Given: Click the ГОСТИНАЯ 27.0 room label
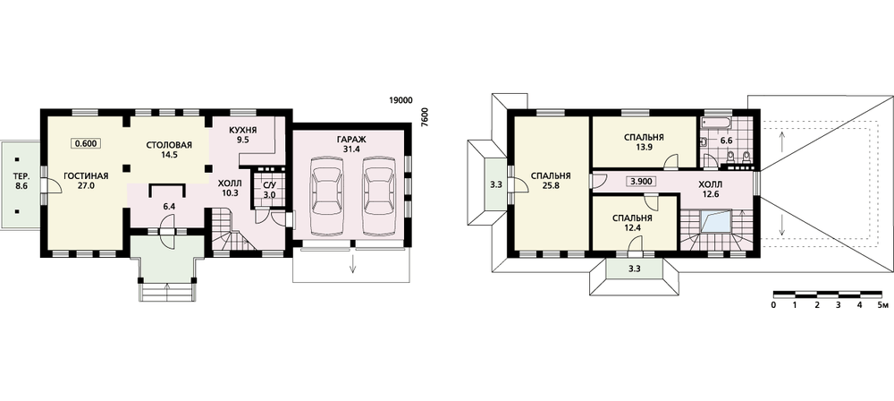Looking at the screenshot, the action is [86, 181].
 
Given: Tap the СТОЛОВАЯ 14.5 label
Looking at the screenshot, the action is [169, 149].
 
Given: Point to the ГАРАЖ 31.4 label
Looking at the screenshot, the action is [350, 144].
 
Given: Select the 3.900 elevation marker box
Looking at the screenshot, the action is [640, 183].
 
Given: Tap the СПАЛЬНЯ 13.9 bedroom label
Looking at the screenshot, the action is [645, 143].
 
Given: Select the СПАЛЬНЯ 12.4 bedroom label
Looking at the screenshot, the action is [633, 224].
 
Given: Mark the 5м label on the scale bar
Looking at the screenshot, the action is [883, 305].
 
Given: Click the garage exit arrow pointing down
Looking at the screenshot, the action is [353, 263].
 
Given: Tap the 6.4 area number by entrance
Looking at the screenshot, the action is [169, 207].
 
